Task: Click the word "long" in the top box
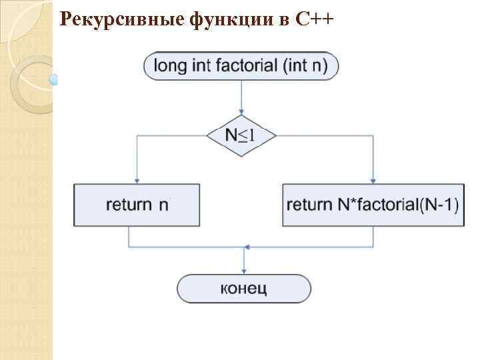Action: tap(168, 66)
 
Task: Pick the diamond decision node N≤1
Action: tap(241, 135)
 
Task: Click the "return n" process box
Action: tap(137, 205)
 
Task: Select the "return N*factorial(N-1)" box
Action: tap(373, 205)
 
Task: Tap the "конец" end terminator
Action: tap(243, 289)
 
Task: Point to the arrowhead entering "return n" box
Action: tap(137, 181)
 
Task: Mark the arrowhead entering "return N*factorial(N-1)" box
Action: tap(373, 181)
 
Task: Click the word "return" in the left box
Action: tap(129, 205)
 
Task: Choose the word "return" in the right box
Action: tap(309, 205)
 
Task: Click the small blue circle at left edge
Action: tap(54, 80)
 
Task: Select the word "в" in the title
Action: tap(282, 20)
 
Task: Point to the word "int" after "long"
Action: tap(195, 66)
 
